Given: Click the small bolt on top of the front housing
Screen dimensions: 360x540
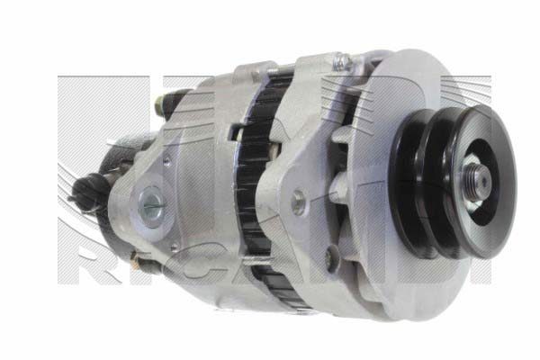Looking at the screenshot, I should pyautogui.click(x=342, y=61).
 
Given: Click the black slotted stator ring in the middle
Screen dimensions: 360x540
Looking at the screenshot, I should pyautogui.click(x=256, y=180).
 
